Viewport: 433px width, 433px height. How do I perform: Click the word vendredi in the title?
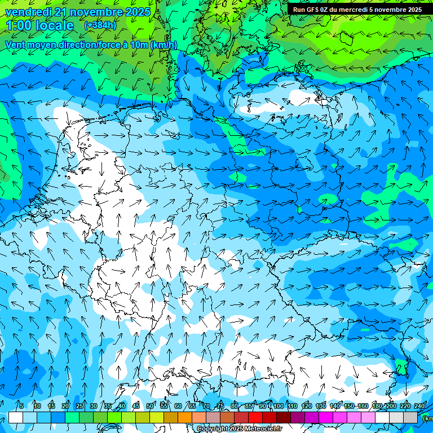[x=28, y=12]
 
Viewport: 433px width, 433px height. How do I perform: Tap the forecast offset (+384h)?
[x=100, y=25]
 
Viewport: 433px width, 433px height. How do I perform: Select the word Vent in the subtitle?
[x=16, y=45]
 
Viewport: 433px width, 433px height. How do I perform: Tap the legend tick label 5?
[x=21, y=406]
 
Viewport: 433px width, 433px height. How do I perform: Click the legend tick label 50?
[x=150, y=406]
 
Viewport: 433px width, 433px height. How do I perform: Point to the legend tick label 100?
[x=278, y=406]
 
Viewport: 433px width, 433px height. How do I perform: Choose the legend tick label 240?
[x=419, y=406]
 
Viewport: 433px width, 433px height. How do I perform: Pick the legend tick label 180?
[x=377, y=406]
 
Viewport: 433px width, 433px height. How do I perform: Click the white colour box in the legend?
[x=16, y=417]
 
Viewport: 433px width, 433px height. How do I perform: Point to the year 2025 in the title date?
[x=138, y=12]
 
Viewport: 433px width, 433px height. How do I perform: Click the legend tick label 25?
[x=79, y=406]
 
